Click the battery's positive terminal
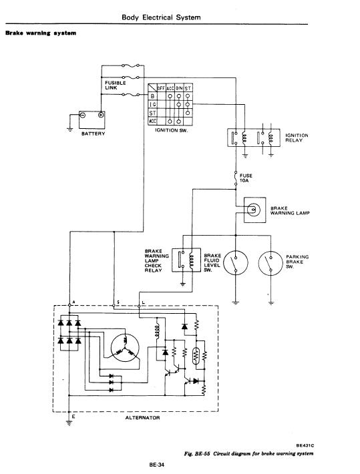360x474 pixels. (x=101, y=115)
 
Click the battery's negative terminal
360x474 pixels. (x=82, y=115)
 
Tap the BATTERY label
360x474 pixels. (x=94, y=134)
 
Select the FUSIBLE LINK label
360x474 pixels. (x=116, y=85)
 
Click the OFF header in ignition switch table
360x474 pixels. (x=161, y=88)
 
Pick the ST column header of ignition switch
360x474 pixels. (x=188, y=88)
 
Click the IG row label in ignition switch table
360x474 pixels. (x=153, y=104)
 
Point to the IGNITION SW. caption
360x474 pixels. (x=171, y=130)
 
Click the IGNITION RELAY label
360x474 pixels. (x=297, y=138)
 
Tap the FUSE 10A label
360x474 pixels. (x=246, y=178)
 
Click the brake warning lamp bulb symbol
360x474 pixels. (x=253, y=210)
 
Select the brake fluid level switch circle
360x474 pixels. (x=236, y=262)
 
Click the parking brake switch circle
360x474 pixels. (x=271, y=263)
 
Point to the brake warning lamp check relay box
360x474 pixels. (x=186, y=260)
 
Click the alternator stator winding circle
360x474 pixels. (x=125, y=347)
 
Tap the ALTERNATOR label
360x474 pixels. (x=142, y=418)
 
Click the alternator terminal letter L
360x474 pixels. (x=143, y=302)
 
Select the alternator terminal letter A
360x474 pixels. (x=73, y=302)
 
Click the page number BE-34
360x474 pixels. (x=156, y=465)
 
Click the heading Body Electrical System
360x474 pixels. (x=161, y=17)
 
